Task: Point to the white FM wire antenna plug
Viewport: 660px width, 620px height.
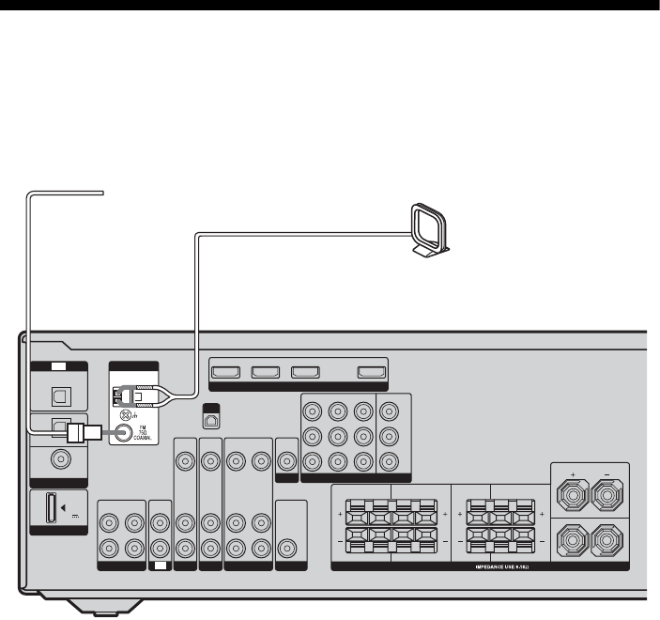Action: [x=84, y=433]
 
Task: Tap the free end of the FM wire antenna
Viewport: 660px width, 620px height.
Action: [x=101, y=194]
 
